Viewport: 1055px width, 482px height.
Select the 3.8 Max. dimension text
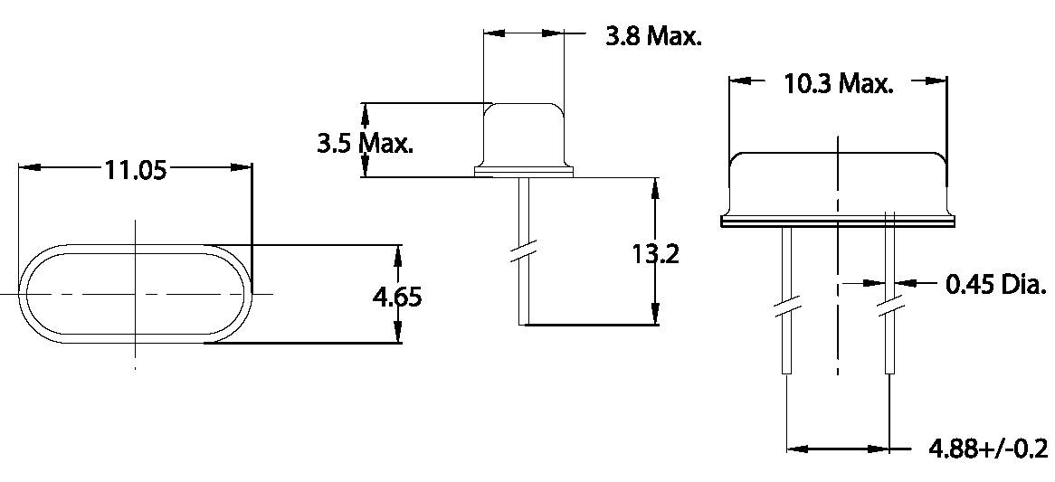pyautogui.click(x=653, y=38)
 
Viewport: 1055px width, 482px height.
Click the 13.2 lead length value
pyautogui.click(x=655, y=253)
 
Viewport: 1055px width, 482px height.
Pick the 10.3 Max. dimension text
pyautogui.click(x=838, y=85)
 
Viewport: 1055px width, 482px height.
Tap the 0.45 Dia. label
pyautogui.click(x=995, y=286)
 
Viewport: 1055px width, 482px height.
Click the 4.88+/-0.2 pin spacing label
pyautogui.click(x=988, y=449)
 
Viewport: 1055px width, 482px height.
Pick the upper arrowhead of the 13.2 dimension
pyautogui.click(x=654, y=186)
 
